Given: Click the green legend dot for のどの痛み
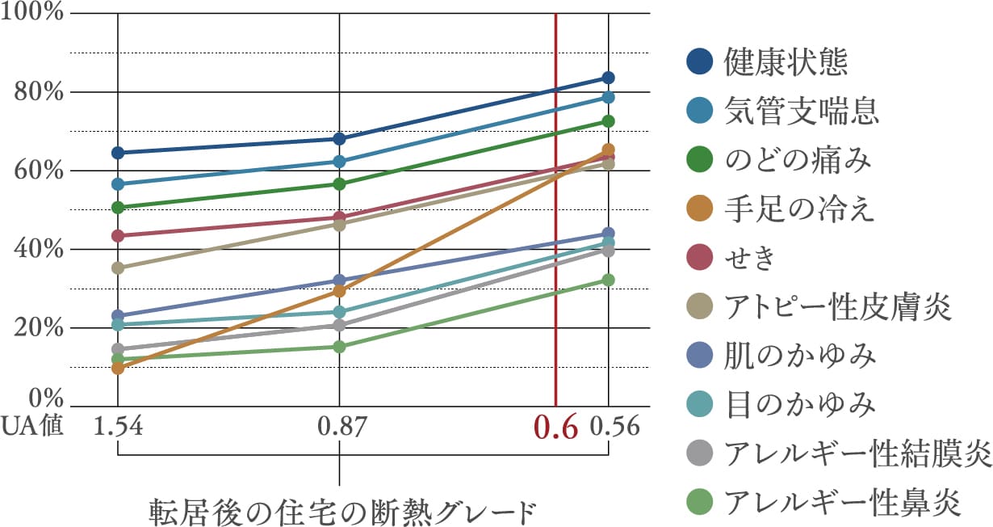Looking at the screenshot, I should pyautogui.click(x=700, y=160).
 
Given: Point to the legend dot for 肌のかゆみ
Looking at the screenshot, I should pyautogui.click(x=700, y=356).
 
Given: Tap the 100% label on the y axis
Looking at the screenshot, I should pyautogui.click(x=34, y=14).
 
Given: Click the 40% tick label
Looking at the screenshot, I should pyautogui.click(x=37, y=249).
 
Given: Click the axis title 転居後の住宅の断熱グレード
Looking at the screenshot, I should pyautogui.click(x=342, y=511).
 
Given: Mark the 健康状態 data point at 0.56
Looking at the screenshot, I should pyautogui.click(x=608, y=78).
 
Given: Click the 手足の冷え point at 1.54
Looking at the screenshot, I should pyautogui.click(x=118, y=368).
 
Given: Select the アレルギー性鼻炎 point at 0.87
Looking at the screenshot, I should pyautogui.click(x=339, y=347).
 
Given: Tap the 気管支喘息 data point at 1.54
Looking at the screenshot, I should pyautogui.click(x=118, y=184).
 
